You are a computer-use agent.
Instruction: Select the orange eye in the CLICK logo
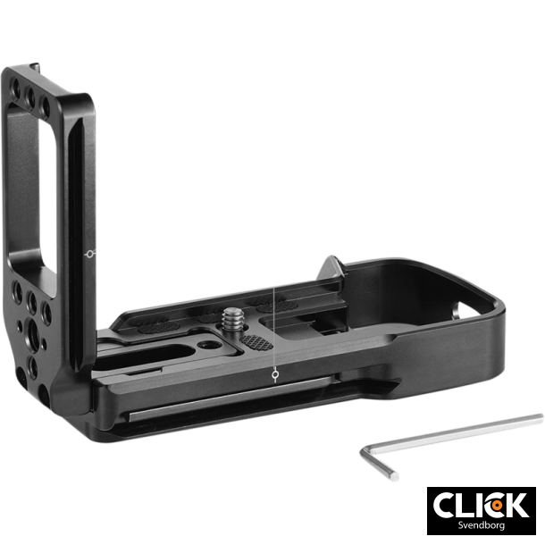pyautogui.click(x=495, y=505)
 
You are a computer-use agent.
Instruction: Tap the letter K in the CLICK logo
pyautogui.click(x=517, y=505)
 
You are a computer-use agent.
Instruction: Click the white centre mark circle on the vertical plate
pyautogui.click(x=87, y=255)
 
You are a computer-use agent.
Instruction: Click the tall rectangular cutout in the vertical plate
pyautogui.click(x=34, y=179)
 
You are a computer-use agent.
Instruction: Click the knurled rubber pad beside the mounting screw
pyautogui.click(x=256, y=342)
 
